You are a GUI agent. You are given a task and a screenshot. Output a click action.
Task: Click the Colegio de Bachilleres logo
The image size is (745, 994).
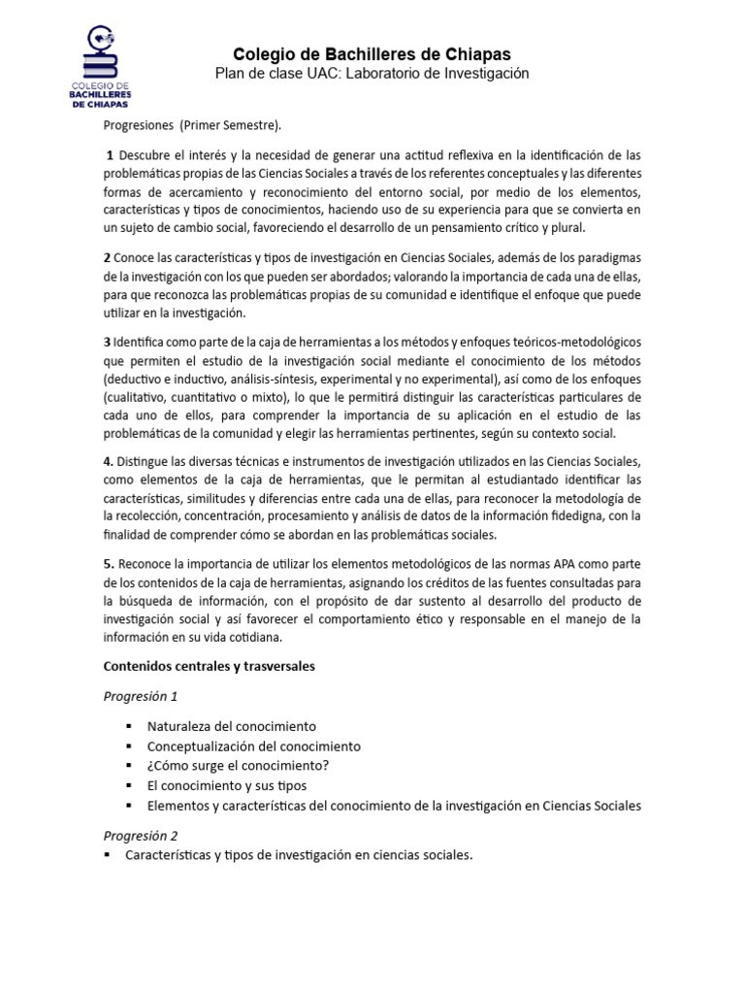click(102, 67)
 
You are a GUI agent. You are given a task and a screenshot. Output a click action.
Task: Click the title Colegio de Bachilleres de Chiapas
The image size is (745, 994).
click(372, 54)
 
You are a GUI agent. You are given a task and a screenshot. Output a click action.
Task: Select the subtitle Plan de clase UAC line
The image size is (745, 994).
click(372, 75)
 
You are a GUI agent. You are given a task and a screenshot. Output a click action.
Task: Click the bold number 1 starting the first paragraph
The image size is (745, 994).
click(111, 155)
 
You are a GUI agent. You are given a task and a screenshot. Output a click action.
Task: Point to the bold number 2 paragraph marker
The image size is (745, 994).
click(107, 257)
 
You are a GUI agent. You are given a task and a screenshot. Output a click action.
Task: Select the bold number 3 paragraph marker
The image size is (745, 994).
click(107, 343)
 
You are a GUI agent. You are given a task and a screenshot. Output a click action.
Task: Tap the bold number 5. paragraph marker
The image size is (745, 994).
click(109, 565)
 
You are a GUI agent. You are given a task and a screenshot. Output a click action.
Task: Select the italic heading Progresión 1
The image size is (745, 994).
click(141, 696)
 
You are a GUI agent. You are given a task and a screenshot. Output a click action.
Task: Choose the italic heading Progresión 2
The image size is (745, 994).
click(141, 835)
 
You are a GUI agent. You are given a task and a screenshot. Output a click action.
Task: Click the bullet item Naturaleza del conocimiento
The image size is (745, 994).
click(231, 726)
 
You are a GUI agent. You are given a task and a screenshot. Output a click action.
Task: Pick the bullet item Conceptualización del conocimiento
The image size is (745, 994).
click(253, 746)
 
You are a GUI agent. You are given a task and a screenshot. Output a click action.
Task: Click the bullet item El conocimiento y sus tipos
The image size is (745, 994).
click(226, 785)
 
